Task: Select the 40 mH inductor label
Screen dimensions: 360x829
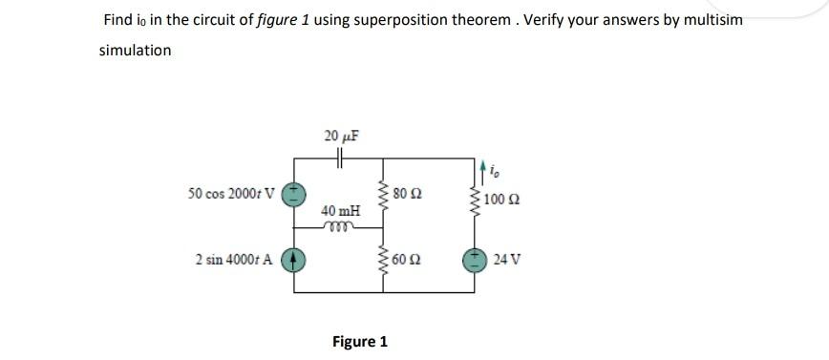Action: point(341,209)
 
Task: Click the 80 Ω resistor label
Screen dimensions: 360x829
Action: point(413,194)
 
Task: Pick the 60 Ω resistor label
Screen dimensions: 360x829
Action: point(413,259)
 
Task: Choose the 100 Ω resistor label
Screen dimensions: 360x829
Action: point(504,200)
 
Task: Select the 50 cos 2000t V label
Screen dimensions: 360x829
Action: point(232,194)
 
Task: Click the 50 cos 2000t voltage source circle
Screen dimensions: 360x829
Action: point(296,194)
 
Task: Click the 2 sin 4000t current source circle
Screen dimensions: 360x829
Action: point(296,260)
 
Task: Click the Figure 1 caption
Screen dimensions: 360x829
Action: point(359,341)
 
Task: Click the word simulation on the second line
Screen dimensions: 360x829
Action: point(135,50)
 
